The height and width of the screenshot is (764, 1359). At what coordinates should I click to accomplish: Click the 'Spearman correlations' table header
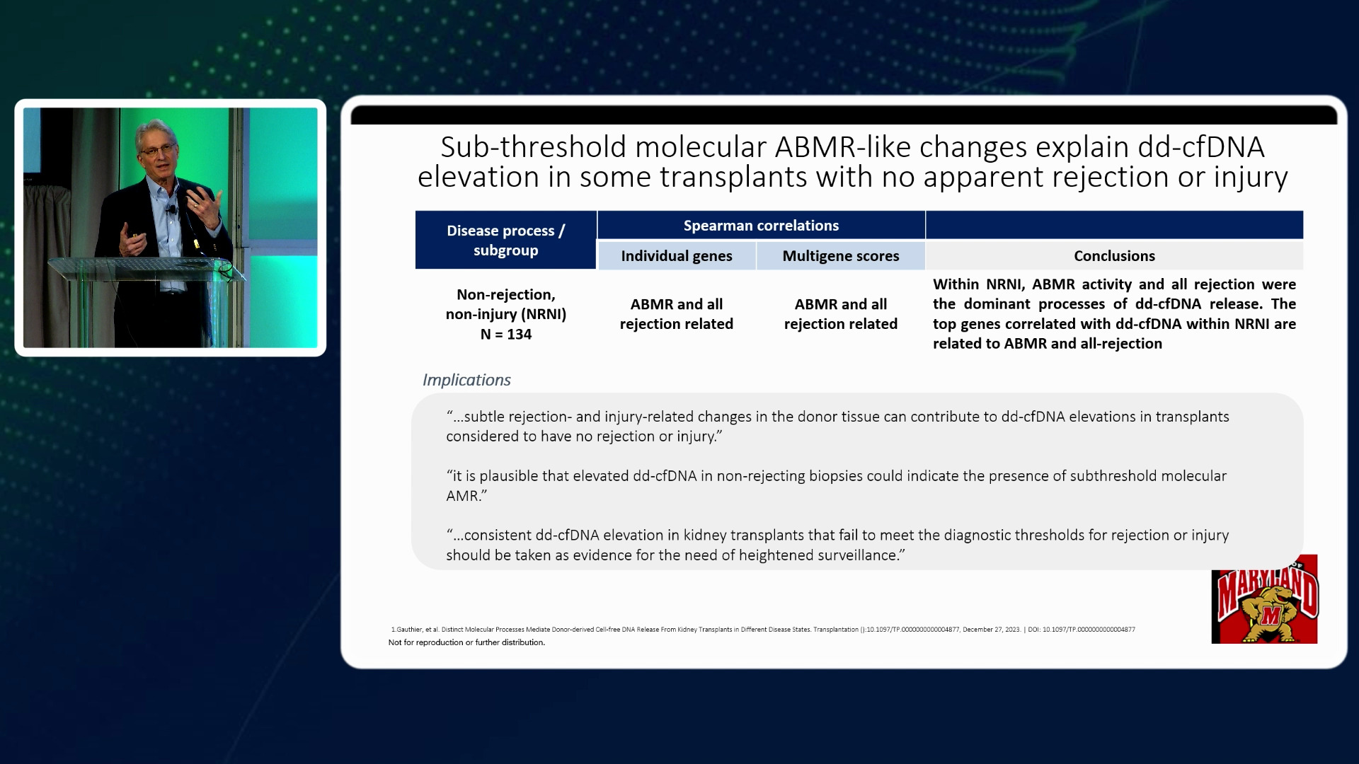tap(761, 226)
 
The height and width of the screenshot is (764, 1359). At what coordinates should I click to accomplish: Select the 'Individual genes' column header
tap(677, 256)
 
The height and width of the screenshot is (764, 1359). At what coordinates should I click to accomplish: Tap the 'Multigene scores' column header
tap(840, 256)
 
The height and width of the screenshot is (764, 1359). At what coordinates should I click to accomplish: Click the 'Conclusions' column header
tap(1114, 256)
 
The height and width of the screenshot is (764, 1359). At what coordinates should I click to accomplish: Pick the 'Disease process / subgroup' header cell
tap(505, 241)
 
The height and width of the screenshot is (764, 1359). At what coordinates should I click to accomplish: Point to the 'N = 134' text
tap(505, 335)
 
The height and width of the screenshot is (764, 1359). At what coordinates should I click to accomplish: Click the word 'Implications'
tap(466, 380)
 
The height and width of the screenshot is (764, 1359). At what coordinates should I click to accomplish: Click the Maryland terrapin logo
tap(1264, 599)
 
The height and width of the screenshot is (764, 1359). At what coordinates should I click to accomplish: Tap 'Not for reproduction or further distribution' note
tap(466, 642)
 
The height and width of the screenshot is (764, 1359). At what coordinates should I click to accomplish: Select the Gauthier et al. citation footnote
tap(762, 629)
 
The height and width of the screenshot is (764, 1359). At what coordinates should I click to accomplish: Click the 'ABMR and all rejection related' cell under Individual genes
tap(677, 314)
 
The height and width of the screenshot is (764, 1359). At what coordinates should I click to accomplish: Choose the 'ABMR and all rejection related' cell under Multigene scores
tap(840, 314)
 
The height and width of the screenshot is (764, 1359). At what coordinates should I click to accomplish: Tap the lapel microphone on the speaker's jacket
tap(171, 209)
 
